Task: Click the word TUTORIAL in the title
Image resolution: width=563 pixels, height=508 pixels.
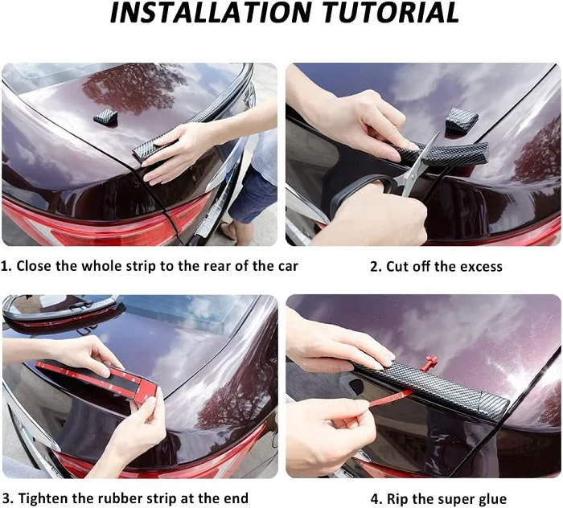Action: [x=391, y=13]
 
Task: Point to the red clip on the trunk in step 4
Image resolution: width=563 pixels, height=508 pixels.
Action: [x=428, y=363]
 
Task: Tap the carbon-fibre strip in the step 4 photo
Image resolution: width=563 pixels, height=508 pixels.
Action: [x=432, y=386]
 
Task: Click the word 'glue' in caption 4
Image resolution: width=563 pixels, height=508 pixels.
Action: [x=492, y=499]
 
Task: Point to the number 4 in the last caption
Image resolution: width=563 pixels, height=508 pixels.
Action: [x=375, y=499]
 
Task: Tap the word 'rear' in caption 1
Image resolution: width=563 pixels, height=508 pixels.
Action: [x=218, y=266]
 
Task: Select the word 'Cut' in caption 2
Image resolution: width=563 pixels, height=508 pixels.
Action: [x=398, y=267]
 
